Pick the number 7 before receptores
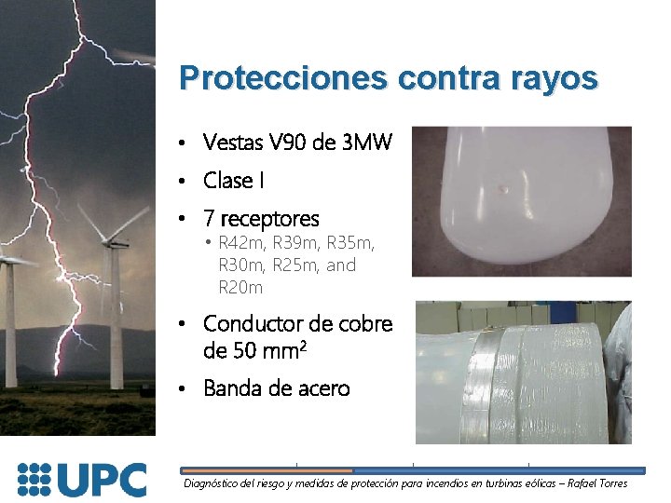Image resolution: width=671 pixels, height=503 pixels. [209, 219]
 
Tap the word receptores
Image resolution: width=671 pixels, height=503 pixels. [269, 220]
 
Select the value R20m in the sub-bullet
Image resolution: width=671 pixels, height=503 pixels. [240, 288]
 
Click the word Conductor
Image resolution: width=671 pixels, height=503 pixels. [253, 324]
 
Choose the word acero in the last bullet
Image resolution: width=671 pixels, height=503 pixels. [322, 388]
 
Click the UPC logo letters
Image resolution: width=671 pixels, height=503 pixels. [103, 479]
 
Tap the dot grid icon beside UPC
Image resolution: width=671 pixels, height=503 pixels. [35, 479]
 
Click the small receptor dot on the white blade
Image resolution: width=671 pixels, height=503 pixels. [503, 189]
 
